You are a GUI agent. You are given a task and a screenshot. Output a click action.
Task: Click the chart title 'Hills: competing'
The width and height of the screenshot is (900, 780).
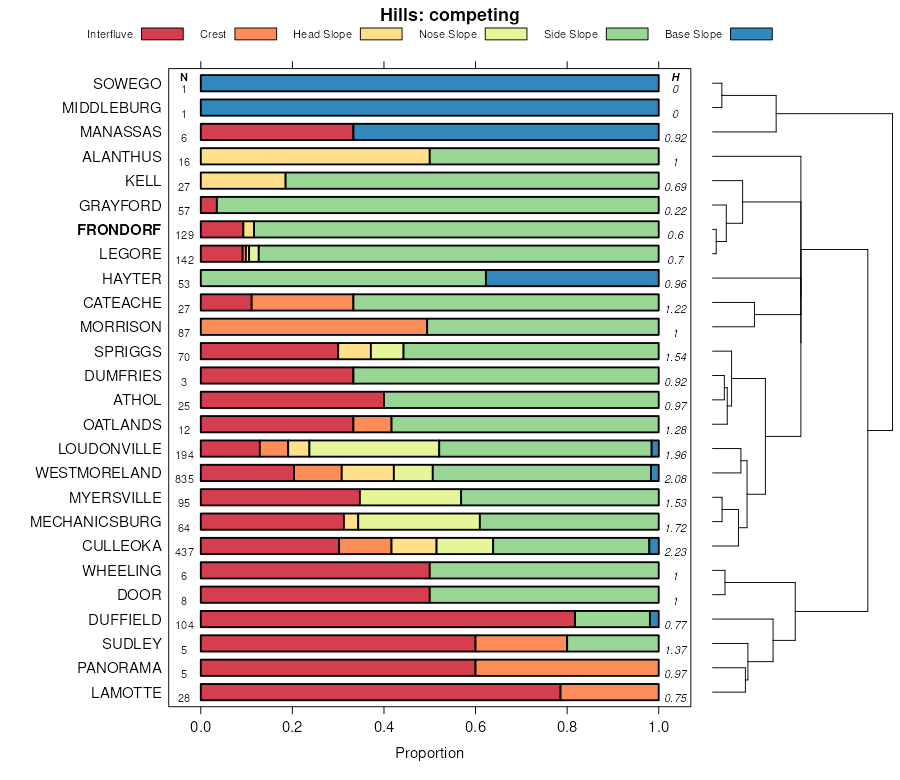point(450,15)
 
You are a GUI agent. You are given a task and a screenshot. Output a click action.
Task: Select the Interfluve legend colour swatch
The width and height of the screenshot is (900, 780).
point(162,34)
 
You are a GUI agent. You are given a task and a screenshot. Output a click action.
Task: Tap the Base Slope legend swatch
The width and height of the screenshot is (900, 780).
point(751,34)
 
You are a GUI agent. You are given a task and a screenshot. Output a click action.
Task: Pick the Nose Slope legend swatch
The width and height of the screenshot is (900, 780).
point(505,34)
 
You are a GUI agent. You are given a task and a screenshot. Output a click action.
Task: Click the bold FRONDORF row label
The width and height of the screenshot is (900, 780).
point(119,230)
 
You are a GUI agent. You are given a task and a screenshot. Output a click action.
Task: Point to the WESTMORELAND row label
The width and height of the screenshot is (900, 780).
point(98,473)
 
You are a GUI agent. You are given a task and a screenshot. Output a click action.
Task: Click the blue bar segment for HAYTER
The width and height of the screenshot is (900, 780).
point(572,278)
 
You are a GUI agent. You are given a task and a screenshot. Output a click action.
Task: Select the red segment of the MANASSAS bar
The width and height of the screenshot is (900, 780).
point(277,132)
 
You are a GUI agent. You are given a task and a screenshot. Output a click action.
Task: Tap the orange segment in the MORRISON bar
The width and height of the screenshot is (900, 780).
point(314,327)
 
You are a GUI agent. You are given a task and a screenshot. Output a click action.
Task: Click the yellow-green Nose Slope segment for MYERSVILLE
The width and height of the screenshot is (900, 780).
point(410,497)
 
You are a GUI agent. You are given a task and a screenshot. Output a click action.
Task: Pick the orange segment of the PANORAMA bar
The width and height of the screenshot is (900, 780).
point(567,668)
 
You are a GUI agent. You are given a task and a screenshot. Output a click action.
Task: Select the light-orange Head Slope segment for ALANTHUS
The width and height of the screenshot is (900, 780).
point(315,156)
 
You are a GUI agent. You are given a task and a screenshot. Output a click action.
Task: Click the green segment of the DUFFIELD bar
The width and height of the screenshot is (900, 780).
point(612,619)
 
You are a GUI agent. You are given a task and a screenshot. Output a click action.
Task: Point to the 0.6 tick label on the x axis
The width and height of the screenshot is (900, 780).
point(476,726)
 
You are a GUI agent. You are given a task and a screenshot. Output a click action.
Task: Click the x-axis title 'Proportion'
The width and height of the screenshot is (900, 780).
point(430,753)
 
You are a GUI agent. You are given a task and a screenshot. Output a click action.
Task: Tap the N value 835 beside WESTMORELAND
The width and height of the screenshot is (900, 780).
point(184,479)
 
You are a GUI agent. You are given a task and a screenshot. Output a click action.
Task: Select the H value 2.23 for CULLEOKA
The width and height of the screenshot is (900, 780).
point(676,552)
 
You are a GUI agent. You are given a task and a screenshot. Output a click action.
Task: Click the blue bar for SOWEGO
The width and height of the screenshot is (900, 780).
point(430,83)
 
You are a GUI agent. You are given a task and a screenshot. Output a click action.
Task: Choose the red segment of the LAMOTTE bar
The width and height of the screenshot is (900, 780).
point(380,692)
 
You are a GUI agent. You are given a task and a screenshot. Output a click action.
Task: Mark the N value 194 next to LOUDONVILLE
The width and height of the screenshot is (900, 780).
point(184,455)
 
